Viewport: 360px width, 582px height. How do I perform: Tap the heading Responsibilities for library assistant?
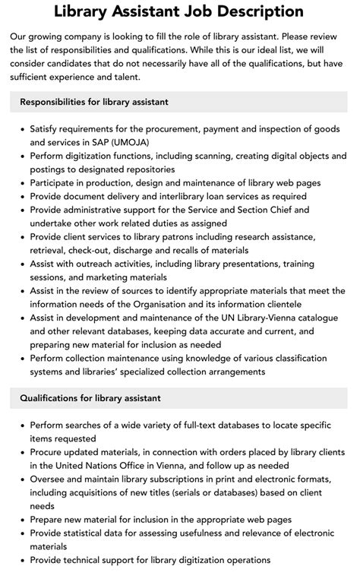click(94, 102)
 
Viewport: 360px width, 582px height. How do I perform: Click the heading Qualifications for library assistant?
click(90, 397)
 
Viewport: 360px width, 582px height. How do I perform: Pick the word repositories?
click(147, 169)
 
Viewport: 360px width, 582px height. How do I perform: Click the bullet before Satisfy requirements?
click(21, 128)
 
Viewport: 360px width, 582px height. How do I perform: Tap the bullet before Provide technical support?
click(21, 560)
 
